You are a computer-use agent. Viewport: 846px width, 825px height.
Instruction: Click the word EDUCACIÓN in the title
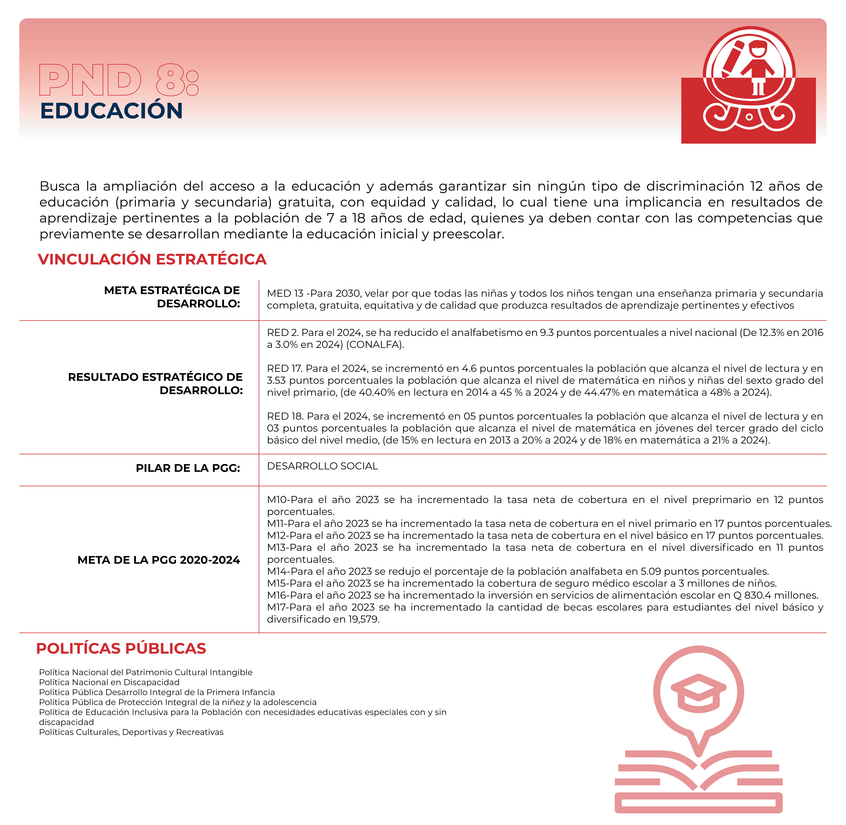(x=111, y=111)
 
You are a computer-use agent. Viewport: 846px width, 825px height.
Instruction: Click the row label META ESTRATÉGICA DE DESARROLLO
(x=172, y=297)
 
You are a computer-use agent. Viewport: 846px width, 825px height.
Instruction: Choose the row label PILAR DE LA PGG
(x=188, y=468)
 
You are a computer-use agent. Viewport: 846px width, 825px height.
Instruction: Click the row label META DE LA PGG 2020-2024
(x=159, y=560)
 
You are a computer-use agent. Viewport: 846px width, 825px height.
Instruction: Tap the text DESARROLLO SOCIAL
(x=322, y=466)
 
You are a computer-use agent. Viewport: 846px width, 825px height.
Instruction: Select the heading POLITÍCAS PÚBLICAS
(x=121, y=649)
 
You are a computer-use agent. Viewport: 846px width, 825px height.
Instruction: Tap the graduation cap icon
(x=698, y=692)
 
